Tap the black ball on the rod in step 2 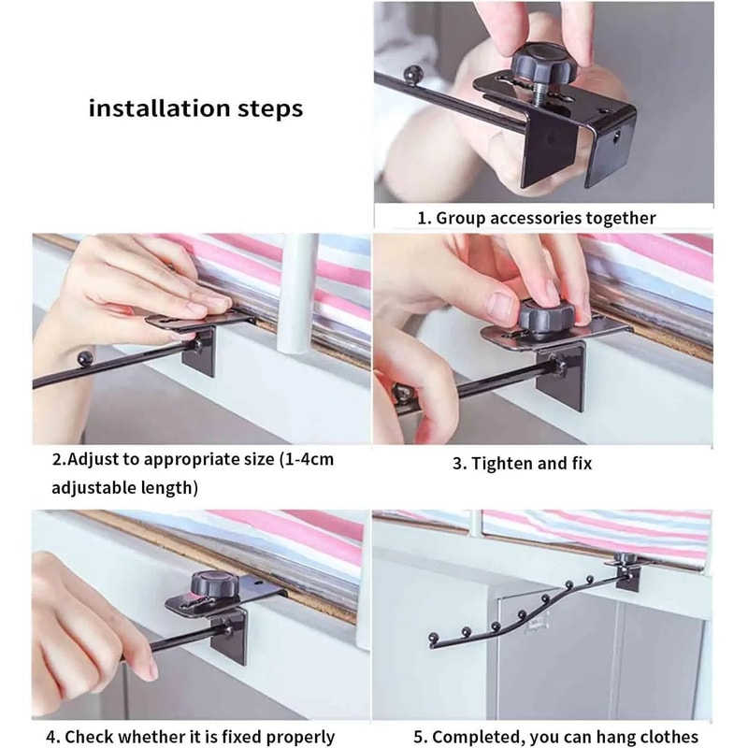pos(85,356)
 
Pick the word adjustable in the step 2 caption pos(96,487)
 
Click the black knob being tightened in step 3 pos(545,315)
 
